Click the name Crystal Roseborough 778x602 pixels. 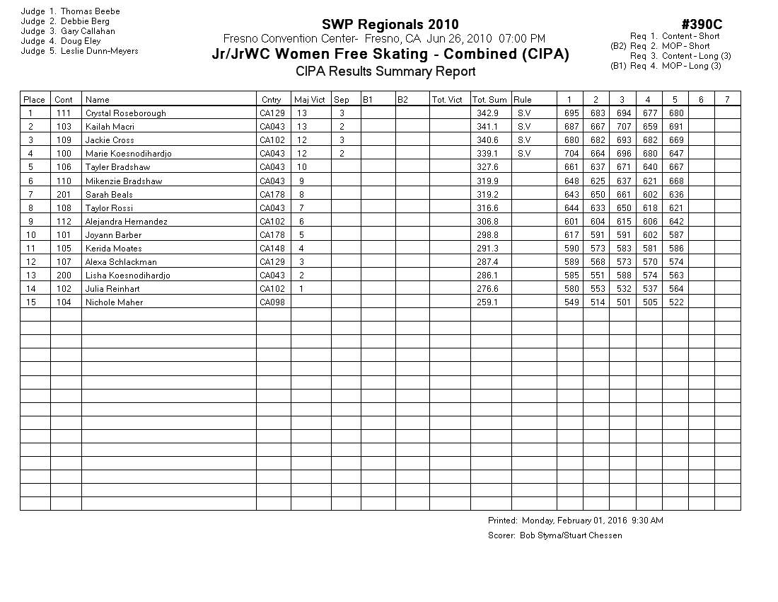(125, 113)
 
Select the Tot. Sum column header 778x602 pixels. (489, 100)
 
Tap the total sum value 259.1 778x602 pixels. (487, 302)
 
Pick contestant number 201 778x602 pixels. (64, 194)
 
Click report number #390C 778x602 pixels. (702, 25)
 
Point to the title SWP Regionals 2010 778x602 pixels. (390, 25)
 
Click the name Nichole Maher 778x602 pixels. (114, 302)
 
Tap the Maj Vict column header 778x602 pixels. (310, 100)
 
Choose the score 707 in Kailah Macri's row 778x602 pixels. (622, 127)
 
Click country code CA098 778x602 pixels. (272, 302)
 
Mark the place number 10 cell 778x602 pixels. (30, 235)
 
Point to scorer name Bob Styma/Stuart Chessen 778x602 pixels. (571, 535)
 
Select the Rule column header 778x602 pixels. (523, 100)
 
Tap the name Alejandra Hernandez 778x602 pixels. (126, 222)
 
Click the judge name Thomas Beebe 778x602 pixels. (90, 11)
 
